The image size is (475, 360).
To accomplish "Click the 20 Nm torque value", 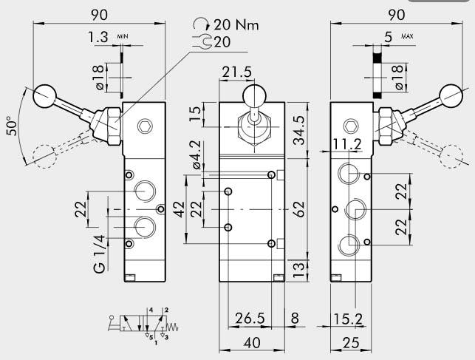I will [x=233, y=25].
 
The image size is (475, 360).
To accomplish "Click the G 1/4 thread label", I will [x=98, y=253].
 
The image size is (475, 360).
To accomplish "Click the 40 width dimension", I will [x=252, y=343].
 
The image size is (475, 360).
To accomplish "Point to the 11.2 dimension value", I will [x=347, y=143].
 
